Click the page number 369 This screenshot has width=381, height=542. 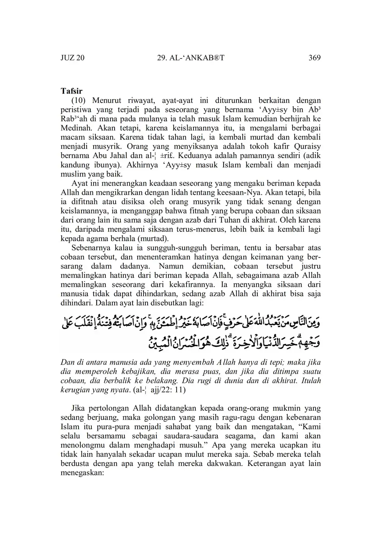pos(314,58)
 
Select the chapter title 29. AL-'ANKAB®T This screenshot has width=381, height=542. pos(190,58)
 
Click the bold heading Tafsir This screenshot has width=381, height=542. pos(72,91)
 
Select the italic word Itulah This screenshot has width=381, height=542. pos(311,380)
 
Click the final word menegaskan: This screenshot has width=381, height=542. pos(83,473)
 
